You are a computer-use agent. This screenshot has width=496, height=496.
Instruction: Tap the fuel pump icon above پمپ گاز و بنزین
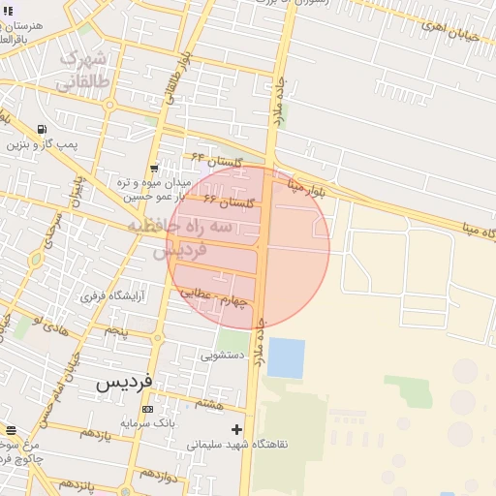point(42,129)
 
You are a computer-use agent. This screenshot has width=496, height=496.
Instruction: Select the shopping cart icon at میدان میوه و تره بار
point(154,169)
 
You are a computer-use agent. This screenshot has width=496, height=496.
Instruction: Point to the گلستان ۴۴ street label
point(214,158)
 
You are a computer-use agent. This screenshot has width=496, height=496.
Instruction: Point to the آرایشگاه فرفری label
point(108,295)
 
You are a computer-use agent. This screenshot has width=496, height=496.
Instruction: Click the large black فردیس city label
point(125,382)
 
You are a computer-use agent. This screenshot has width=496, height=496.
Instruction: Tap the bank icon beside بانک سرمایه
point(147,409)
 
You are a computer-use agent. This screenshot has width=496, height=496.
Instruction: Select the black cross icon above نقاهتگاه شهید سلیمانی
point(235,428)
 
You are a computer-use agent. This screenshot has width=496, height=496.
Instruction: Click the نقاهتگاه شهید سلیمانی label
point(226,445)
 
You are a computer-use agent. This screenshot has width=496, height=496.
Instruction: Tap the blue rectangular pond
point(286,357)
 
